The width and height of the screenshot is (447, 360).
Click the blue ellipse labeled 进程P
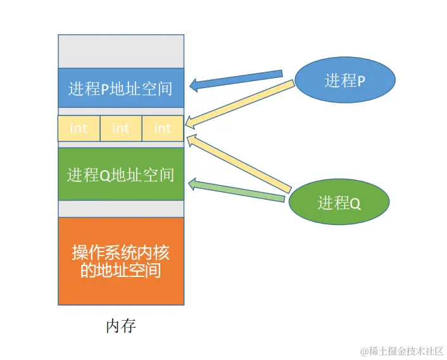point(345,80)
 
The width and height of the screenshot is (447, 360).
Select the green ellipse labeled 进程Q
point(339,203)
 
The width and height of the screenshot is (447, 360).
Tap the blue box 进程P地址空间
point(120,87)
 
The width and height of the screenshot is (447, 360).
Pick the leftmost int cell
point(79,129)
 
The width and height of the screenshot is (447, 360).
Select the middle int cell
point(120,129)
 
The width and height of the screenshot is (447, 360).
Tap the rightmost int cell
point(162,129)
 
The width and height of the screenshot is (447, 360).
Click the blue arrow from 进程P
point(241,79)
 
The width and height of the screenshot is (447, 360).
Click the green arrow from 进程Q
point(241,191)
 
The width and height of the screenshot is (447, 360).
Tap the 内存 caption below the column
point(120,326)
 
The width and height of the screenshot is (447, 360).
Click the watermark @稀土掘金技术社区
point(401,350)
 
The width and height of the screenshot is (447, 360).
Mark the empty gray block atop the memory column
point(120,51)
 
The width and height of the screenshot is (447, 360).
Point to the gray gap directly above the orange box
point(120,209)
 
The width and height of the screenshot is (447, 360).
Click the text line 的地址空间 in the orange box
point(120,271)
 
